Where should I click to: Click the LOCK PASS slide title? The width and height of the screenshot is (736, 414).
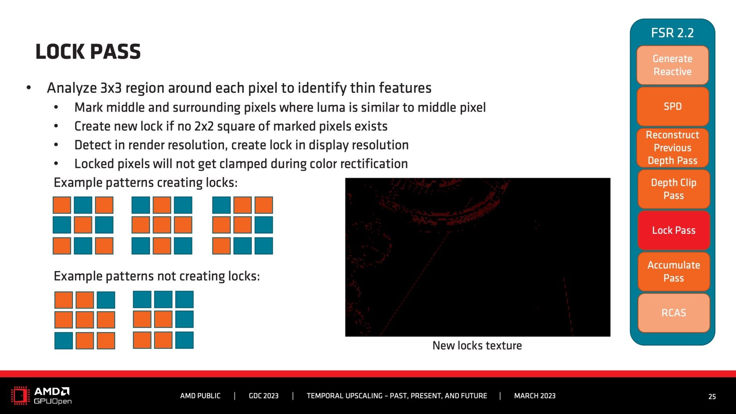coord(88,52)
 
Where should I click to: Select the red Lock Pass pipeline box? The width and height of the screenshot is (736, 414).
coord(674,230)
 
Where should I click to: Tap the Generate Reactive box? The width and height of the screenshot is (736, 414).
coord(673,65)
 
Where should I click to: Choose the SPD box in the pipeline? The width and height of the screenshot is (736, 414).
coord(673,107)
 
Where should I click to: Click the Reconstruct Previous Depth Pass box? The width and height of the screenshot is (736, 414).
coord(673,148)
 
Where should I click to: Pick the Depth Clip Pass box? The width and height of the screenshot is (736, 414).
coord(674,189)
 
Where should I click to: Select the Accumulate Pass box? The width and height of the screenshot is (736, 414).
coord(674,271)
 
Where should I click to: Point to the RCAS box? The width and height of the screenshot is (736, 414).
coord(674,313)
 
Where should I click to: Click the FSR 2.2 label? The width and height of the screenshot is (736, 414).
coord(672,33)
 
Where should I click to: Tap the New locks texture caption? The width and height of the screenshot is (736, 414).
coord(477,346)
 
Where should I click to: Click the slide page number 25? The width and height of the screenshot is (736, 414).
coord(712,397)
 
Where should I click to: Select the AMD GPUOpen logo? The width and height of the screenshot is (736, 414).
coord(41,396)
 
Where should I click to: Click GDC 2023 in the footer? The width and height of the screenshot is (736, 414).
coord(264,396)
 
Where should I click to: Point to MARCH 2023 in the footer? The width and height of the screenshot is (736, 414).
coord(535,396)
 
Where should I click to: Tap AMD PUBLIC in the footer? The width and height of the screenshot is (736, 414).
coord(200,396)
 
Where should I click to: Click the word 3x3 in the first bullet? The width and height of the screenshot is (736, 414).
coord(111,88)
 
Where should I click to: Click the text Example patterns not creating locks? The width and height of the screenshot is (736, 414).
coord(157,276)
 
